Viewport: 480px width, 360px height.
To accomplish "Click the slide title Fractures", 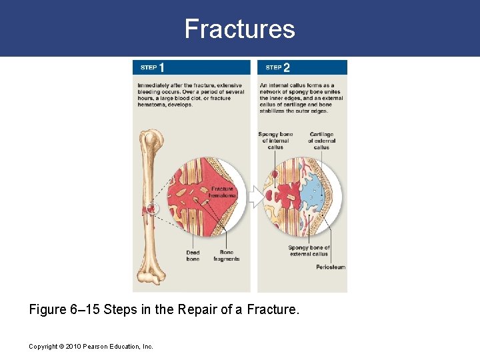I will [x=239, y=29].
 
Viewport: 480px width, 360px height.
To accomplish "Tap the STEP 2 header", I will [x=277, y=67].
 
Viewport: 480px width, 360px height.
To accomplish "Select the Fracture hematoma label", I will [x=222, y=192].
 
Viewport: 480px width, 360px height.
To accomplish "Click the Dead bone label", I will [x=193, y=255].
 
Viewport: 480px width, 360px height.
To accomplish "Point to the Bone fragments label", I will [x=227, y=255].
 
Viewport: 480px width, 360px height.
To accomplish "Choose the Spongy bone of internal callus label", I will [x=275, y=141].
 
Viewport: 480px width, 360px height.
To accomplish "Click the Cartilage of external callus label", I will [x=321, y=141].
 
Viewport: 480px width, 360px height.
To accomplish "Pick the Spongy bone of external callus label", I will [x=309, y=251].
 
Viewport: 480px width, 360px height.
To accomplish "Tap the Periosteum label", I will [x=330, y=267].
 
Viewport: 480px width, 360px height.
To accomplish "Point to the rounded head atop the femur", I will [x=152, y=140].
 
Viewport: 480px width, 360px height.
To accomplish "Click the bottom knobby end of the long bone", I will [x=151, y=275].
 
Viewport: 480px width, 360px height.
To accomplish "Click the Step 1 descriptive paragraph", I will [x=191, y=95].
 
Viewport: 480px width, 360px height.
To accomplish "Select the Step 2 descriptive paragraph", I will [x=301, y=98].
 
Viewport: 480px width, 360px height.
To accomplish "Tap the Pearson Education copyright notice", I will [x=91, y=346].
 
